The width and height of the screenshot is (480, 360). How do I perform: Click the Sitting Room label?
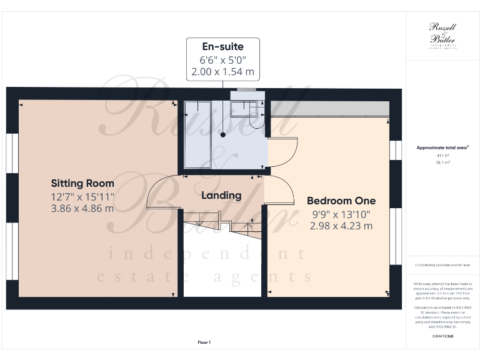[x=82, y=183]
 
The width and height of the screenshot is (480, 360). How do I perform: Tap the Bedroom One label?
[x=341, y=201]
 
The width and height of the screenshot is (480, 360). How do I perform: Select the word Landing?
[x=221, y=196]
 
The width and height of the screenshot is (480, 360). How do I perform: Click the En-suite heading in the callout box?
[x=222, y=47]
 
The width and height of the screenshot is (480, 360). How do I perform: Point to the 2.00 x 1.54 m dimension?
[x=222, y=72]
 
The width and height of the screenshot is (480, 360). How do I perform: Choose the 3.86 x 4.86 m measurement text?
[x=82, y=208]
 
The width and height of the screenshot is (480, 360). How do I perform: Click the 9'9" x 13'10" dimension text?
[x=341, y=214]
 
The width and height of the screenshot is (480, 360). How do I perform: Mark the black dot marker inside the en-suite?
[x=222, y=134]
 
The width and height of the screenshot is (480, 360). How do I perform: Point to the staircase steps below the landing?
[x=206, y=221]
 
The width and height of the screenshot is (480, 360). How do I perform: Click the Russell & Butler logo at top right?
[x=442, y=34]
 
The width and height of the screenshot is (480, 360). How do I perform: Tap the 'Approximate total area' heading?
[x=442, y=147]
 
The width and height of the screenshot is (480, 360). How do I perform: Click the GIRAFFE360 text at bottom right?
[x=442, y=336]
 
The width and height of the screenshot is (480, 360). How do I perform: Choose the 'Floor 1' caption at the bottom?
[x=204, y=342]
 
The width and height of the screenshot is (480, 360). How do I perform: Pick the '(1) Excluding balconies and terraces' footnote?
[x=442, y=266]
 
